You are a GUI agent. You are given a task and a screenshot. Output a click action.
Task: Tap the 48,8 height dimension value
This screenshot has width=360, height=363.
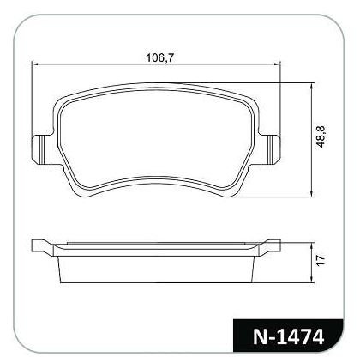(x=321, y=136)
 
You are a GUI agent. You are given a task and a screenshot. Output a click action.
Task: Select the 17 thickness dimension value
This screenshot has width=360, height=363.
(x=321, y=260)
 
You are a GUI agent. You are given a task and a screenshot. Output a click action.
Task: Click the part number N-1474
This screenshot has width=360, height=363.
(x=288, y=336)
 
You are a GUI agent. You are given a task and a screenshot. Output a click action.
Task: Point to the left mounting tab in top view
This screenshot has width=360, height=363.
(x=42, y=149)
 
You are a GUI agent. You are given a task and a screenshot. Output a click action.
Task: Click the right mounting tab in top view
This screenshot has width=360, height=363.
(x=270, y=149)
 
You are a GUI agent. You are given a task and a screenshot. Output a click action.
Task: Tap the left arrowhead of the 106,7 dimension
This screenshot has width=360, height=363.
(x=34, y=64)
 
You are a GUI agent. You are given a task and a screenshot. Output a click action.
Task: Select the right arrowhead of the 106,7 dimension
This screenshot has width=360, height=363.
(x=278, y=64)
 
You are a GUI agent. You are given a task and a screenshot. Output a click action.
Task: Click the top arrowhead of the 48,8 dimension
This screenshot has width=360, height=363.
(x=312, y=86)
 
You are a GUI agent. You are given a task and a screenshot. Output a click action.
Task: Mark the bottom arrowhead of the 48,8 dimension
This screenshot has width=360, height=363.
(x=312, y=194)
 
